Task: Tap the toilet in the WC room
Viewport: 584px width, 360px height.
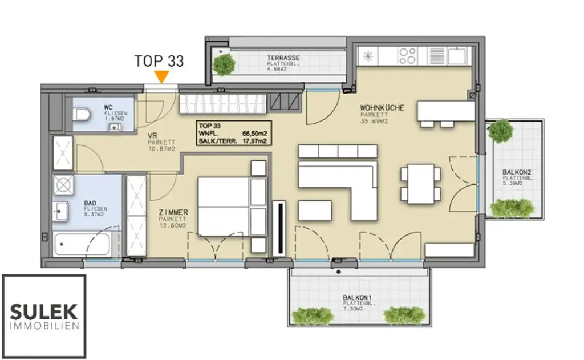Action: (82, 115)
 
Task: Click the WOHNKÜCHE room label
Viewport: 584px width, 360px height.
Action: (382, 107)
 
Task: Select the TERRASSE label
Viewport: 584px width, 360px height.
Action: (283, 58)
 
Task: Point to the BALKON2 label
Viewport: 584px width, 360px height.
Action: (517, 172)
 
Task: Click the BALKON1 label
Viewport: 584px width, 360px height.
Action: (358, 297)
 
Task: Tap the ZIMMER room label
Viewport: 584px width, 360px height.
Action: (174, 212)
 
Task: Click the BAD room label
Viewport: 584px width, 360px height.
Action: (89, 203)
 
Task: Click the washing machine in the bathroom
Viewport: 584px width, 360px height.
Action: (63, 185)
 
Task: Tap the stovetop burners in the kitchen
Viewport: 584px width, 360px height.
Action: (407, 55)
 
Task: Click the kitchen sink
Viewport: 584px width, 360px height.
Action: (456, 56)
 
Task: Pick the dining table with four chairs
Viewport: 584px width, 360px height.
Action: (420, 183)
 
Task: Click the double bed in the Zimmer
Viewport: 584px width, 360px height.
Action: (223, 205)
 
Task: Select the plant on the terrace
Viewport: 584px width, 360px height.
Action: (223, 64)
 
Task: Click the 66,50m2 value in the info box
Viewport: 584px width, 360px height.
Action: (255, 133)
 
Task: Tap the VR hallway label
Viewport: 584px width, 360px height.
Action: (152, 136)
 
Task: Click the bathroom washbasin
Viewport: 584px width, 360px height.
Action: (60, 211)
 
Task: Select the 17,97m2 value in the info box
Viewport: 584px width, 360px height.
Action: (255, 141)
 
